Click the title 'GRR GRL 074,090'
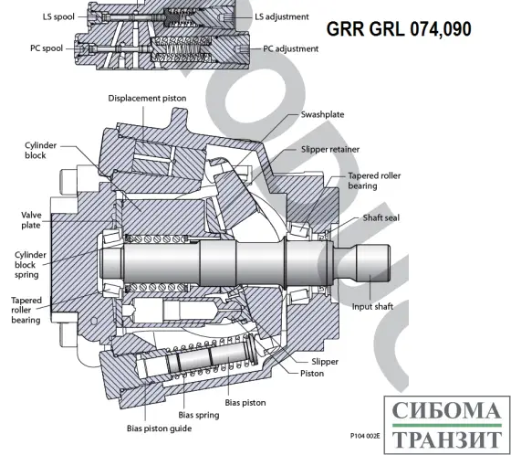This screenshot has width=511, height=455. click(x=399, y=29)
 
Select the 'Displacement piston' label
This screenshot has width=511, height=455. click(x=149, y=98)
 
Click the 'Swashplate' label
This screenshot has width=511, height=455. click(x=324, y=115)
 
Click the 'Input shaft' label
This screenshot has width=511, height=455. click(x=372, y=306)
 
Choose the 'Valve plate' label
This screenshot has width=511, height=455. click(x=31, y=219)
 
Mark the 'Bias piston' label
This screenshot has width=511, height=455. click(x=245, y=401)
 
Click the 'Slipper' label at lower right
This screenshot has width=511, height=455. click(x=324, y=362)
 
